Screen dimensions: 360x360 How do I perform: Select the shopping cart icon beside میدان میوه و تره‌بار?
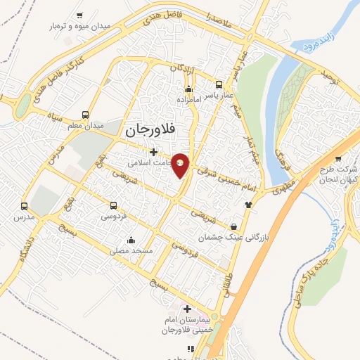coord(79,15)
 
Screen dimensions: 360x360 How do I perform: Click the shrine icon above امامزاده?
coord(188,89)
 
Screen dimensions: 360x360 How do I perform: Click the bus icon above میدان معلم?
coord(86,115)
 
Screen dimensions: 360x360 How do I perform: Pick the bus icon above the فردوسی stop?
coord(114,206)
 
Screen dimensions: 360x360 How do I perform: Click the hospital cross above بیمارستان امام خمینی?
coord(187,309)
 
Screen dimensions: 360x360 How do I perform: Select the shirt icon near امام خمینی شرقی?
coord(247,205)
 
